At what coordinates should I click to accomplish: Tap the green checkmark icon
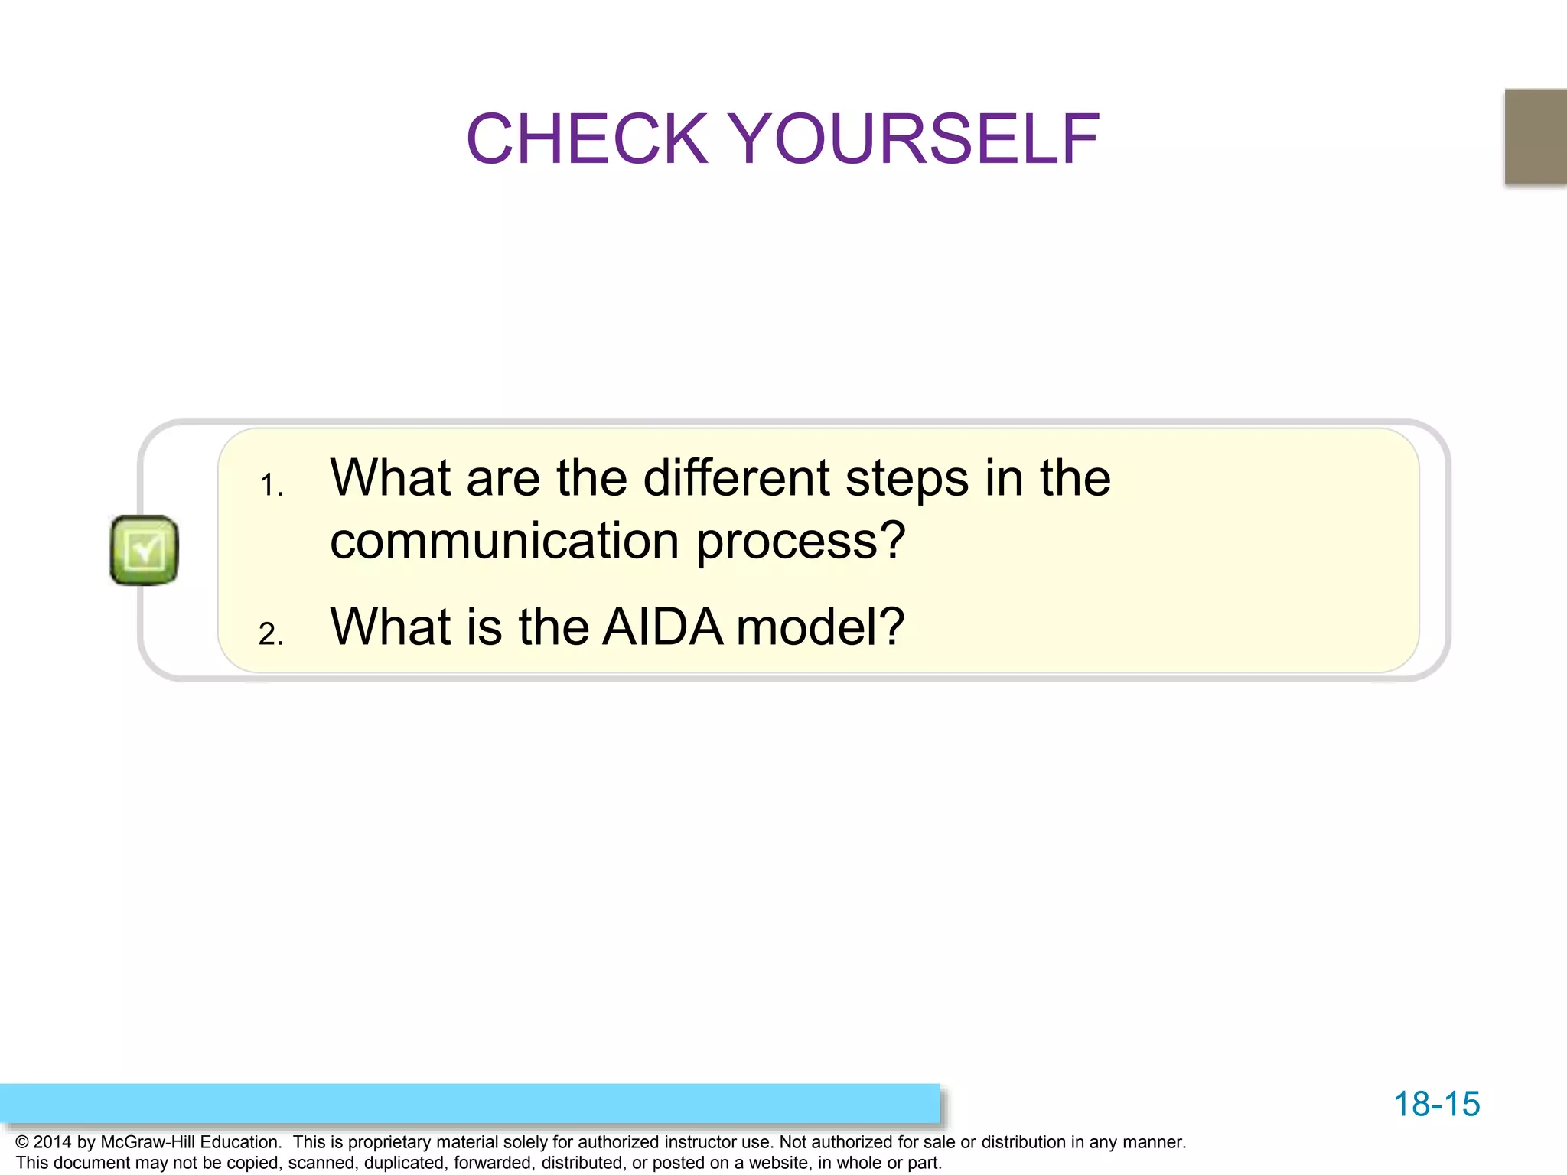point(144,550)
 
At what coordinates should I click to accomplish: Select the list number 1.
point(271,485)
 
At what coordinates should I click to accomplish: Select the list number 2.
point(271,634)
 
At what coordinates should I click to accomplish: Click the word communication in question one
point(504,541)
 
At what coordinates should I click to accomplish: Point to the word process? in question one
point(800,541)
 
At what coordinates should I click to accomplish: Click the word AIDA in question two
point(663,627)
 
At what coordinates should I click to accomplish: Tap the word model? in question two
point(820,627)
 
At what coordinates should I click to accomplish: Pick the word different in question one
point(736,478)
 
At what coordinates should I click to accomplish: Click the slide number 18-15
point(1436,1104)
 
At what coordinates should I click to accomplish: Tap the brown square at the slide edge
point(1536,136)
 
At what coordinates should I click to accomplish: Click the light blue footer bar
point(470,1103)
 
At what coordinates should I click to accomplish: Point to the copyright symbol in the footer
point(22,1142)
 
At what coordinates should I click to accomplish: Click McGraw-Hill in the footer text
point(148,1142)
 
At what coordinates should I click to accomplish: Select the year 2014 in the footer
point(52,1142)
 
